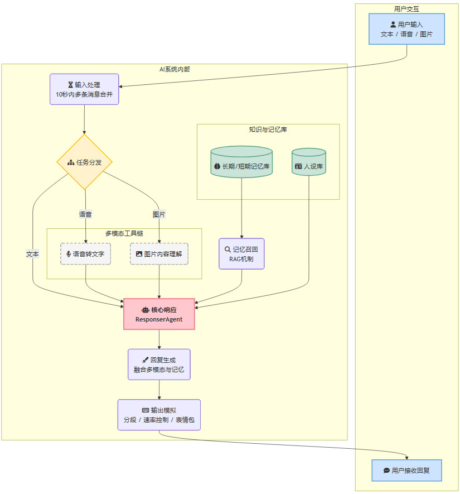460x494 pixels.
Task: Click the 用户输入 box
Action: (x=406, y=29)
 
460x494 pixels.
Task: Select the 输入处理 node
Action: (x=84, y=89)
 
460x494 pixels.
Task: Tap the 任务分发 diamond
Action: (x=85, y=162)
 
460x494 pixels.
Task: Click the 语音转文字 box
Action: (x=85, y=253)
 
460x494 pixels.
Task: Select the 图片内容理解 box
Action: (x=159, y=253)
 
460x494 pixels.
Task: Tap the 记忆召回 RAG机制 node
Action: (x=241, y=254)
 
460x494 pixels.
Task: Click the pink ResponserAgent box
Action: (x=159, y=314)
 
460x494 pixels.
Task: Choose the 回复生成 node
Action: (x=159, y=364)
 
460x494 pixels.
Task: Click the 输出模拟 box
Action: (x=159, y=415)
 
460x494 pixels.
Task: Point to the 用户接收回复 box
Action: (x=407, y=471)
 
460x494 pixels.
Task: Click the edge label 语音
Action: (x=85, y=214)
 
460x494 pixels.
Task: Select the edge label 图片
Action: (x=159, y=214)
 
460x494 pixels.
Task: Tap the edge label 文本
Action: (x=33, y=253)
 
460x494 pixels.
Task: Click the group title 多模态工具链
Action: (x=124, y=233)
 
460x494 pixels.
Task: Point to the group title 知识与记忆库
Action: (x=268, y=130)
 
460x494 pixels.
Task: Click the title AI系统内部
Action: (x=174, y=69)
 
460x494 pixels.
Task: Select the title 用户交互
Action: (x=406, y=8)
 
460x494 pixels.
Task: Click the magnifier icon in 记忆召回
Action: (x=227, y=249)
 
